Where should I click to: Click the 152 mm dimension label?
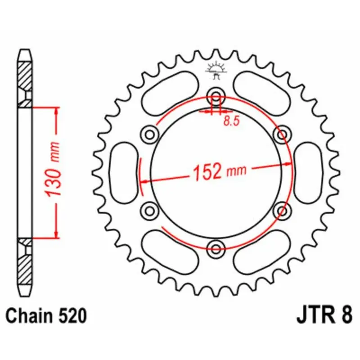219,171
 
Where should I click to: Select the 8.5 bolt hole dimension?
231,121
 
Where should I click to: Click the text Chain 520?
46,316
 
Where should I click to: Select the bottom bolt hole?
216,248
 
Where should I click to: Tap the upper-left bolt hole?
150,134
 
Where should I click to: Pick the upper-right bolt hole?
282,134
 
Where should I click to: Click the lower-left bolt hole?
150,211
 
